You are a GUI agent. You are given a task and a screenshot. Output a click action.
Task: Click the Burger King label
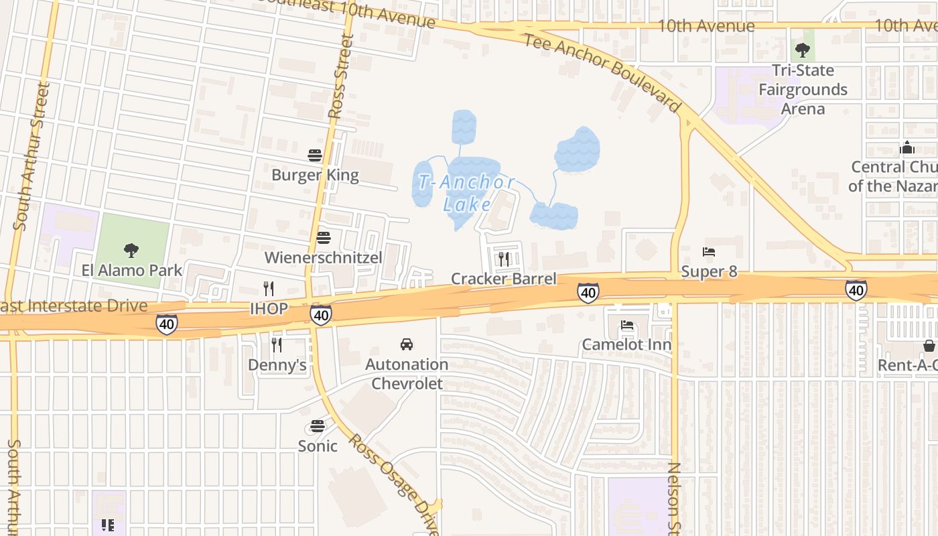(315, 176)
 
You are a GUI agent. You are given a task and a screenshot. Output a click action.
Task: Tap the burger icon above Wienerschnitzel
(324, 238)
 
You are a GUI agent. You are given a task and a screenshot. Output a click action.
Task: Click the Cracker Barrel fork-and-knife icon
(504, 259)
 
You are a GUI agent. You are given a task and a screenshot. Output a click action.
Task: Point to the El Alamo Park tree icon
(131, 251)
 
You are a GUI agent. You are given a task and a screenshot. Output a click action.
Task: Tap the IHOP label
(269, 309)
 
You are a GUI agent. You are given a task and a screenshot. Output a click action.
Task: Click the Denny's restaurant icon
(276, 345)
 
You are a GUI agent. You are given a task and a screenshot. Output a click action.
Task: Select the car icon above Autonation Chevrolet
(407, 344)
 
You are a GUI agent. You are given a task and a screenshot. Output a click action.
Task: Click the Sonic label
(318, 446)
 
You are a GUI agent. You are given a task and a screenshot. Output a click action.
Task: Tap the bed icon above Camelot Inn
(627, 325)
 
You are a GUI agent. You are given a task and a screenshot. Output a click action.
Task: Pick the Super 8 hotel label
(709, 271)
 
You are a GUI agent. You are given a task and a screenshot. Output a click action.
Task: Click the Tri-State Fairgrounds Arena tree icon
(803, 50)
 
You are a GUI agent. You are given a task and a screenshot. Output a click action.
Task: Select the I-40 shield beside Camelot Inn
(588, 293)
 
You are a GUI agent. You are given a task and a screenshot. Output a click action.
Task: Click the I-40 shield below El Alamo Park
(167, 324)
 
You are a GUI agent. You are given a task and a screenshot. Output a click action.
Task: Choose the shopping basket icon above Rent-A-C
(929, 346)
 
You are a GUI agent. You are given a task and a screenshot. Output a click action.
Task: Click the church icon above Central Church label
(907, 147)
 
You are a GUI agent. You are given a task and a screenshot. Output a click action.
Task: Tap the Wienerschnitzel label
(324, 258)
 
